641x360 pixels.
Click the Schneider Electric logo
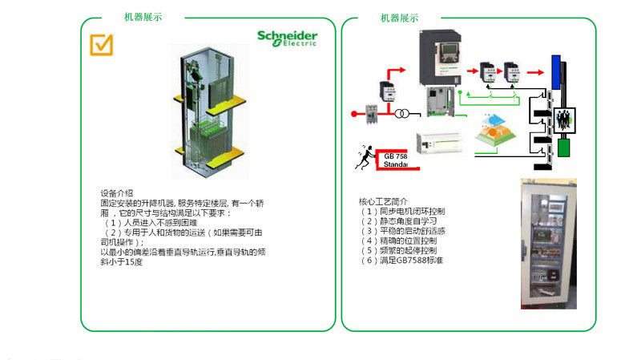(287, 38)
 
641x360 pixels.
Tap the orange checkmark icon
(101, 44)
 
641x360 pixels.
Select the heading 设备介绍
(116, 193)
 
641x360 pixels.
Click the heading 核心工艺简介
(383, 201)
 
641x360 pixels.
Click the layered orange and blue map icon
(495, 131)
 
